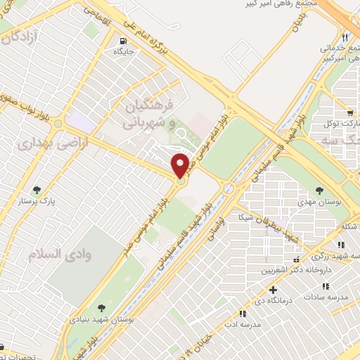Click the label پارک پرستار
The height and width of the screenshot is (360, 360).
tap(38, 200)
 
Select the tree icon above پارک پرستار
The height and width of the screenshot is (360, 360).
tap(37, 189)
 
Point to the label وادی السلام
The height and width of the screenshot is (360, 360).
tap(56, 253)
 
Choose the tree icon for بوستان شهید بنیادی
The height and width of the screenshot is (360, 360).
tap(102, 307)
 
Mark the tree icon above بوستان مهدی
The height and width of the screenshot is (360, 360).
tap(319, 190)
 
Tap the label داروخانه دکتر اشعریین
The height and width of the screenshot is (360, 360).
tap(295, 270)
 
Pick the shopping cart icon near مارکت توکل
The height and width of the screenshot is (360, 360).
tap(349, 112)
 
